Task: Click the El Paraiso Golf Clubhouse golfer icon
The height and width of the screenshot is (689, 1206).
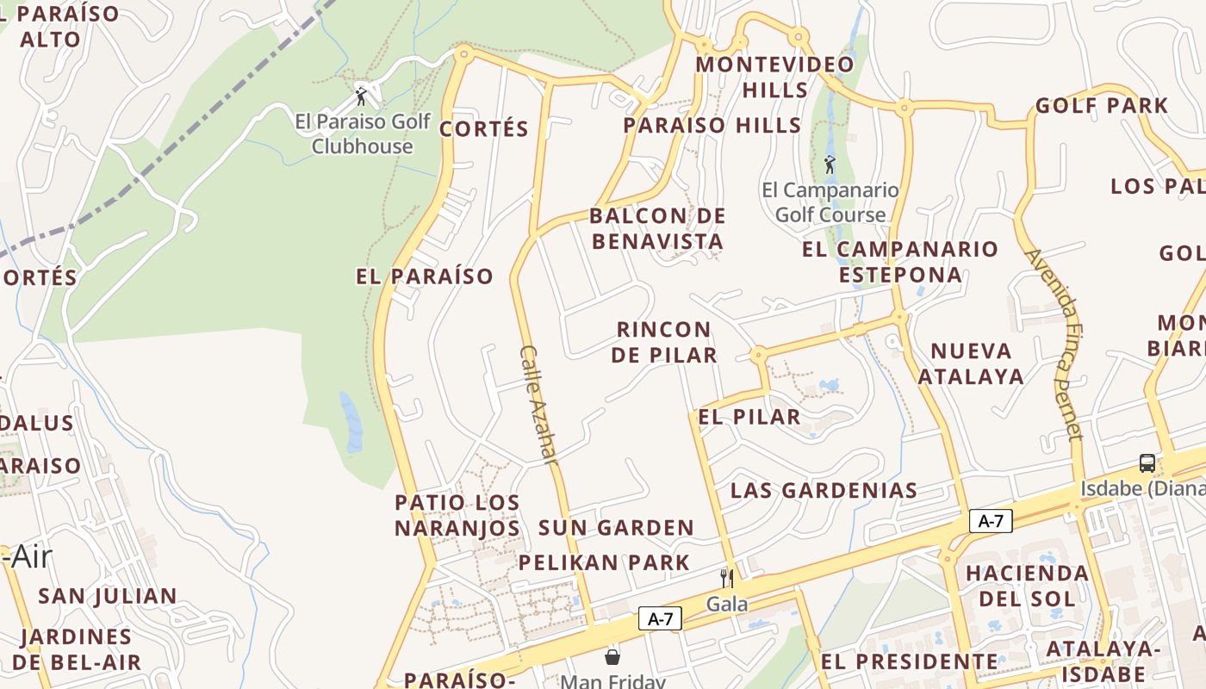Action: coord(362,95)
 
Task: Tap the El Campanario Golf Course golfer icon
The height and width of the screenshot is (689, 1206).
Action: coord(830,164)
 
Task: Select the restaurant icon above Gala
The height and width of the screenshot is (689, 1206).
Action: coord(727,578)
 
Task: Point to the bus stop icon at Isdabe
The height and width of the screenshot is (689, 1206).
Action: coord(1147,463)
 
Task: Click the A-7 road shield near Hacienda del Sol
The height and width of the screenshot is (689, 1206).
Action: coord(991,521)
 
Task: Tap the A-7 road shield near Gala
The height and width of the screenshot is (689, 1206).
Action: coord(660,618)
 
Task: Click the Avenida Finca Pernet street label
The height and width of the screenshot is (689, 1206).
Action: coord(1054,344)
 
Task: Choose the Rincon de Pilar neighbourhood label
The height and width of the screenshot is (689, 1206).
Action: coord(664,342)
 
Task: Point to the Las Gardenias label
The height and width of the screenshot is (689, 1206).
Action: coord(824,491)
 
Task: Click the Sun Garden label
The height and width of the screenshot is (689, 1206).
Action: coord(616,528)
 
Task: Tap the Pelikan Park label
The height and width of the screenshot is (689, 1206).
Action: coord(604,563)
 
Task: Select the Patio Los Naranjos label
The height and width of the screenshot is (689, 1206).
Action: coord(457,515)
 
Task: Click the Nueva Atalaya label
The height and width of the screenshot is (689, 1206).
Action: coord(971,363)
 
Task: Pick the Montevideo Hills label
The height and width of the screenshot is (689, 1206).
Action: coord(775,77)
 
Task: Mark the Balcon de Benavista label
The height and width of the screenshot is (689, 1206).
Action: coord(658,228)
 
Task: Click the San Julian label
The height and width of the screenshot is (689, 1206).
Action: coord(108,596)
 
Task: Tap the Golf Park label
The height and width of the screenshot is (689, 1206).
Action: coord(1102,106)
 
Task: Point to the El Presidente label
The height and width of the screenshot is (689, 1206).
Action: coord(910,662)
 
